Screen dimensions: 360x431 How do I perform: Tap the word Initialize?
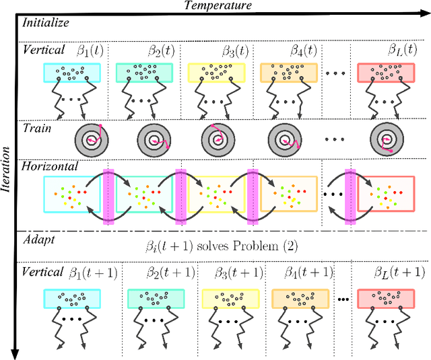(46, 22)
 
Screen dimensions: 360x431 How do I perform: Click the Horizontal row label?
(50, 165)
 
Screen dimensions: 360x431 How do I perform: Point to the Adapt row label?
(38, 239)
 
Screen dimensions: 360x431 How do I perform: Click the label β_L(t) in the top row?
(403, 50)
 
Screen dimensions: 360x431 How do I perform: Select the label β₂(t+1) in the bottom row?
(170, 273)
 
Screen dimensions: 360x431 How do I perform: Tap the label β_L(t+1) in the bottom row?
(399, 273)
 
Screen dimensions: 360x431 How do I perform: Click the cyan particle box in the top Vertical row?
(71, 73)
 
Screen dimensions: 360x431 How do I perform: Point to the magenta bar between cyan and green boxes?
(108, 194)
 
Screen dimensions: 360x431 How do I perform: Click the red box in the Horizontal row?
(386, 194)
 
